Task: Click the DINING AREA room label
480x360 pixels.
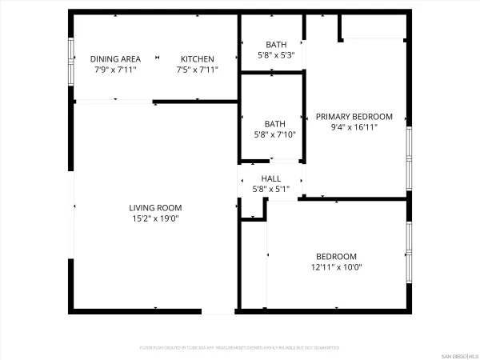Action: click(x=115, y=59)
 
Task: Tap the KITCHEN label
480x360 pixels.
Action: click(x=197, y=59)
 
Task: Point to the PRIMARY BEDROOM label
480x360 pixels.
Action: click(x=354, y=116)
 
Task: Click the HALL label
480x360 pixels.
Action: click(x=270, y=178)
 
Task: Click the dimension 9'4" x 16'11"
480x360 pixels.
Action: click(x=354, y=126)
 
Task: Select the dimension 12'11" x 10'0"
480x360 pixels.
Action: click(x=335, y=267)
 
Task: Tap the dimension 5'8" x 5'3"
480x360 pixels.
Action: click(x=275, y=55)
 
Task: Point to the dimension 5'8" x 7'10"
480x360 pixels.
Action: click(x=275, y=134)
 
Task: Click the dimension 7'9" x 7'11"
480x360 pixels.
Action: click(x=115, y=70)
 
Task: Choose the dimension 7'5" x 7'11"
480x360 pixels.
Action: click(x=197, y=70)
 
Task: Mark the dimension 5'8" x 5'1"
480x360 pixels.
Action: click(x=270, y=189)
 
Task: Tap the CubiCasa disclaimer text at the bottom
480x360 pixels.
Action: click(x=239, y=348)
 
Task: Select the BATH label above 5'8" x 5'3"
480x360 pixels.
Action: click(x=275, y=45)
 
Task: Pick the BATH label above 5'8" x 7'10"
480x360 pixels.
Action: click(x=275, y=124)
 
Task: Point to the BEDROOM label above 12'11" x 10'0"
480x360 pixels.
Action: click(x=335, y=257)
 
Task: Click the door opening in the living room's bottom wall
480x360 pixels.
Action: click(x=218, y=310)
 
